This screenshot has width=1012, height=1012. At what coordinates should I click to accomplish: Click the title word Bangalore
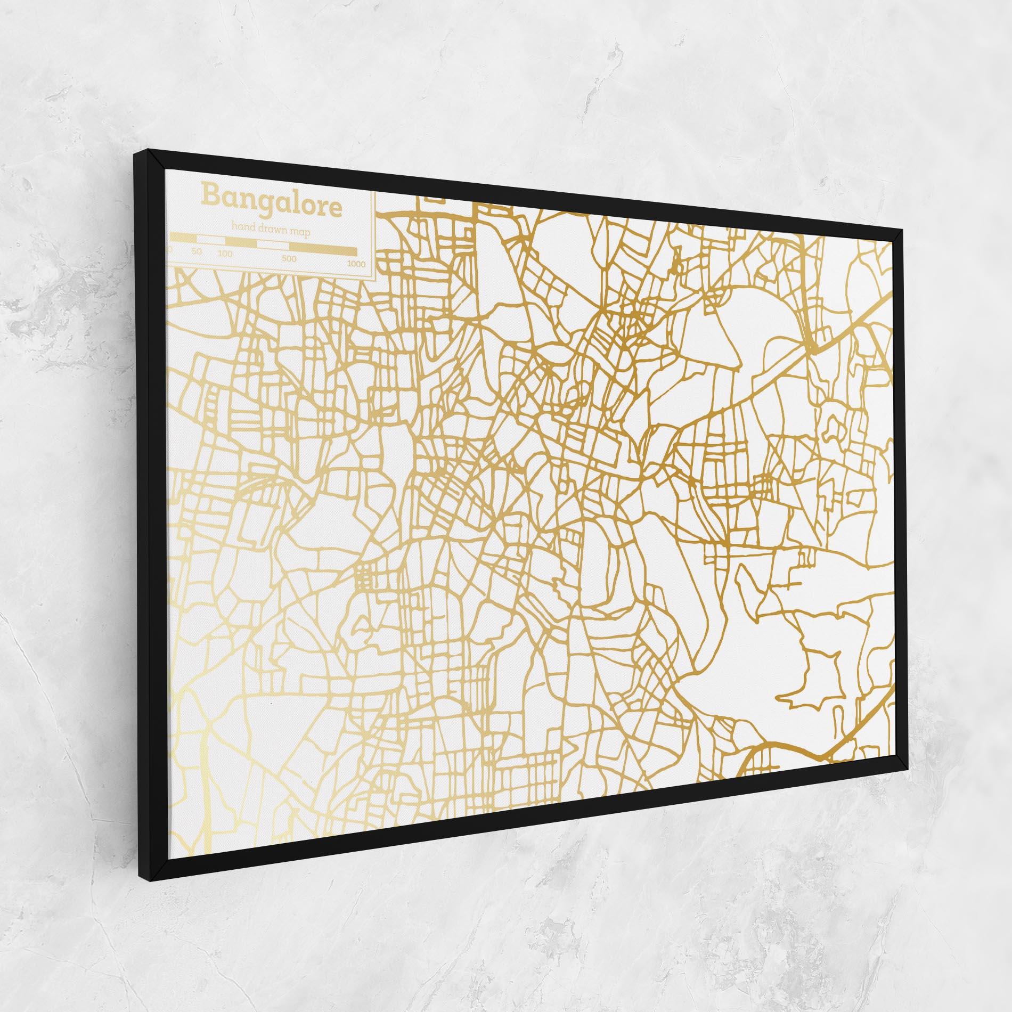[x=272, y=201]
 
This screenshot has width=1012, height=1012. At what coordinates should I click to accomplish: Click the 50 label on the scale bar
[x=197, y=251]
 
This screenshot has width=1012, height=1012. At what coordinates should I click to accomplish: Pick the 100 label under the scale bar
[x=225, y=254]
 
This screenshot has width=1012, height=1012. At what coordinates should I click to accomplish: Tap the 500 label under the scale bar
[x=289, y=259]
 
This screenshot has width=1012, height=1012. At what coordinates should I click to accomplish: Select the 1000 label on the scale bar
[x=356, y=264]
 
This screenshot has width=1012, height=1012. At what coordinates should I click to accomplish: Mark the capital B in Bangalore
[x=210, y=194]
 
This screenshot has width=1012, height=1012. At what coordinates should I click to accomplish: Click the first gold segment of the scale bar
[x=183, y=237]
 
